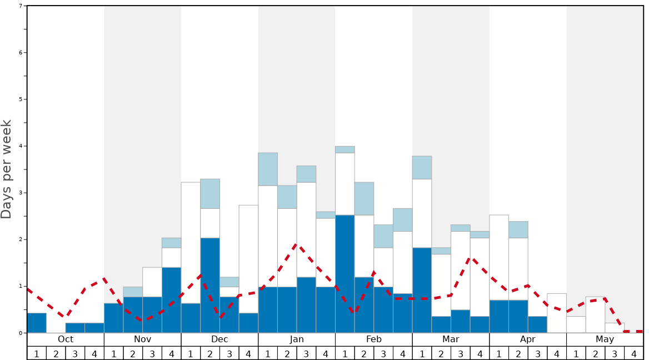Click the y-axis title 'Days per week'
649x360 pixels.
(7, 169)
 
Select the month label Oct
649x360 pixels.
(66, 339)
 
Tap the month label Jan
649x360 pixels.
(297, 339)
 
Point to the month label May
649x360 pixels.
(605, 339)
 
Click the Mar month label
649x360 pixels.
(451, 339)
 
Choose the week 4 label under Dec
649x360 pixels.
(248, 353)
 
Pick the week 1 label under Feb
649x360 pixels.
(345, 353)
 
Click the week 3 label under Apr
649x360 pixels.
(537, 353)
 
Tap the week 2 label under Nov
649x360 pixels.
(133, 353)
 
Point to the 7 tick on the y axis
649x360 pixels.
(21, 6)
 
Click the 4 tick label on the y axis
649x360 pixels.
(21, 146)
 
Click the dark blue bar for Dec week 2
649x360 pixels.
(210, 286)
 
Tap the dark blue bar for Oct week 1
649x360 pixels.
(37, 323)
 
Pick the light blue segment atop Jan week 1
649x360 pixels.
(268, 169)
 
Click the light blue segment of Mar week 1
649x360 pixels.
(422, 167)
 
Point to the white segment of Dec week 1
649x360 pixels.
(191, 243)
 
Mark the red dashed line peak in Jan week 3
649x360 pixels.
(297, 244)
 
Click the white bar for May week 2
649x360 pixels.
(595, 315)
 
